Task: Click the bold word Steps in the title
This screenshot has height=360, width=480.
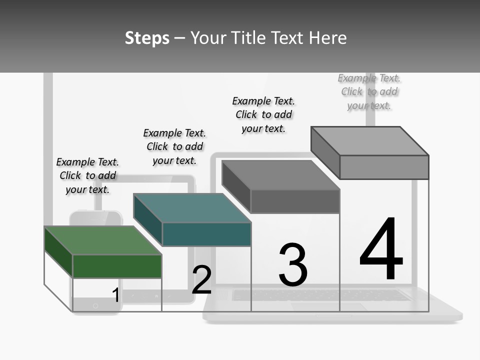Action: [147, 38]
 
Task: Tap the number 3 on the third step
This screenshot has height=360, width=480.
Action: [293, 264]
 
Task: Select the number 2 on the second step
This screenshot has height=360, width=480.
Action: [201, 279]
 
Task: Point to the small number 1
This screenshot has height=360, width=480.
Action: [116, 295]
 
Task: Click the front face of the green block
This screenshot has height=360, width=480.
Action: [117, 266]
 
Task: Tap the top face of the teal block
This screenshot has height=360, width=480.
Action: [192, 207]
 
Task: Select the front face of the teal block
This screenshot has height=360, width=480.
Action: [206, 234]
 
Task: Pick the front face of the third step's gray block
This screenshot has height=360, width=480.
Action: [295, 201]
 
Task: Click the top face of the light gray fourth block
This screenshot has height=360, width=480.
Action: [370, 140]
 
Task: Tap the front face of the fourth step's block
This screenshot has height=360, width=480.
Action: [384, 167]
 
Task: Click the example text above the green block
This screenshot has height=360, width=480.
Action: [87, 175]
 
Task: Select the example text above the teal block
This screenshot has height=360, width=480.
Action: [174, 146]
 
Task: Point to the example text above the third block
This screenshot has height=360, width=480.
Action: [263, 114]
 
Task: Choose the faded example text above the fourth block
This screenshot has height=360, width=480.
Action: [369, 91]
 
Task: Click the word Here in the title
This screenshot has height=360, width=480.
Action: [327, 38]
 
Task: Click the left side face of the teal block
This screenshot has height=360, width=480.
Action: [148, 220]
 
